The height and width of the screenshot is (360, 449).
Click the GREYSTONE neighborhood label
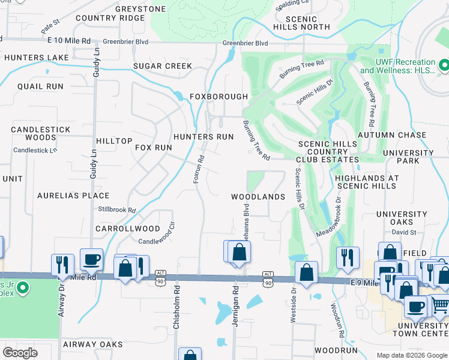140,9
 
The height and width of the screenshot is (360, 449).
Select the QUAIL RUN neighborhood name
40,86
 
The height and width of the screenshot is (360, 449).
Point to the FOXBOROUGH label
218,97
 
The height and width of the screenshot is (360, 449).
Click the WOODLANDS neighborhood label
258,197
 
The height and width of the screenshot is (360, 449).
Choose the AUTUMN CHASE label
392,135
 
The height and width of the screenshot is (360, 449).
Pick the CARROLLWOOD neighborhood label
128,229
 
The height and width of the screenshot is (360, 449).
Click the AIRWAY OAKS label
92,344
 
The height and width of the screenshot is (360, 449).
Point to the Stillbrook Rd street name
117,210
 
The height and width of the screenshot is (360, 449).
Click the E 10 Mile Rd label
69,41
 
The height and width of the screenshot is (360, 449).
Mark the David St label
405,232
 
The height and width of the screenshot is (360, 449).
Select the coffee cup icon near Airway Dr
91,260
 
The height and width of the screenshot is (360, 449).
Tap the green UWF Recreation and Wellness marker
444,64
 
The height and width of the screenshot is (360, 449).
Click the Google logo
20,353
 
